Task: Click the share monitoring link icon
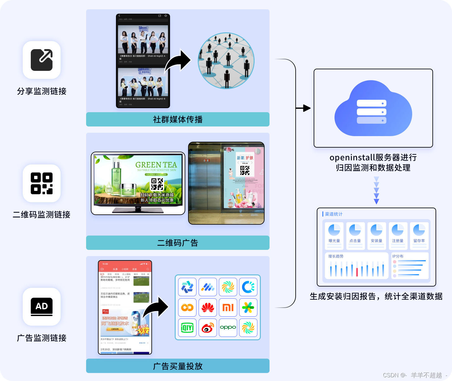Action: pyautogui.click(x=42, y=60)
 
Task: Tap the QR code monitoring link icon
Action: pyautogui.click(x=42, y=183)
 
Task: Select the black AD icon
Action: pyautogui.click(x=42, y=307)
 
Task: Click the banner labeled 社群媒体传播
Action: pyautogui.click(x=178, y=119)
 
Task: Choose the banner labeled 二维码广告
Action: pyautogui.click(x=178, y=243)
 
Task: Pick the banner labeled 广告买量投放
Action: pyautogui.click(x=178, y=366)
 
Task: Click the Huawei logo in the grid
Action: pyautogui.click(x=208, y=308)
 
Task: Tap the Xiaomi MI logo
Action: pyautogui.click(x=228, y=308)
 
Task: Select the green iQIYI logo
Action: pyautogui.click(x=187, y=328)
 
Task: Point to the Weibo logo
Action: pyautogui.click(x=208, y=328)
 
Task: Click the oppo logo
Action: pyautogui.click(x=228, y=327)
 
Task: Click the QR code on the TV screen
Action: pyautogui.click(x=157, y=184)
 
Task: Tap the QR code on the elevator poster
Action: pyautogui.click(x=245, y=170)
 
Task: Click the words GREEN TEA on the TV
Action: pyautogui.click(x=156, y=165)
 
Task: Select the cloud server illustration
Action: pyautogui.click(x=373, y=108)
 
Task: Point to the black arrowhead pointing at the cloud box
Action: pyautogui.click(x=307, y=108)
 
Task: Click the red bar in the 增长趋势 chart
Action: pyautogui.click(x=357, y=272)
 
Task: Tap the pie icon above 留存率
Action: pyautogui.click(x=419, y=230)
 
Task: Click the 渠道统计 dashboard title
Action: pyautogui.click(x=334, y=214)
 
